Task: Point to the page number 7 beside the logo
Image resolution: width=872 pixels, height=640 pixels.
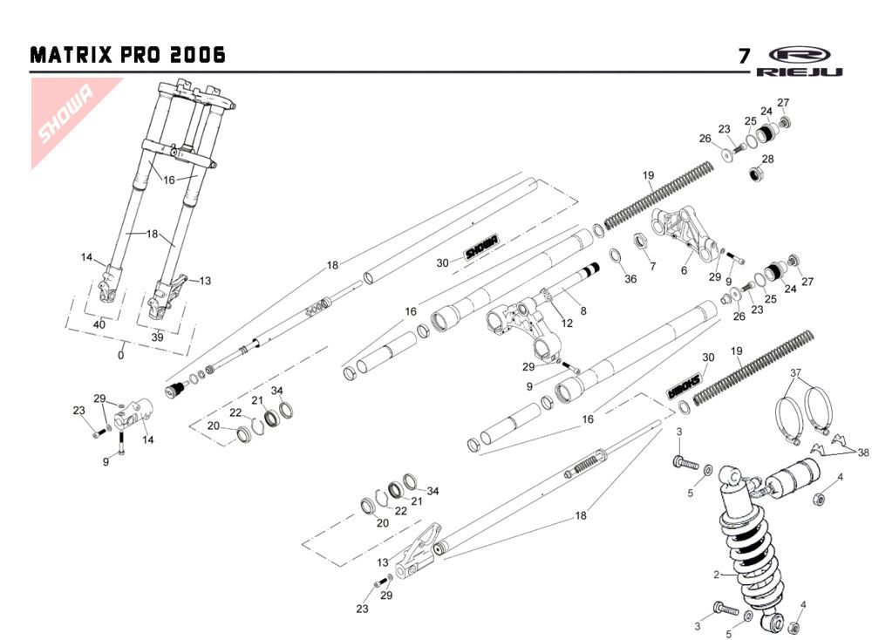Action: click(744, 57)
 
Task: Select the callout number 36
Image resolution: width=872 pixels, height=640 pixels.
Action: click(630, 279)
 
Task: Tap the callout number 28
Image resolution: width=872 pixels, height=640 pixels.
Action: click(767, 159)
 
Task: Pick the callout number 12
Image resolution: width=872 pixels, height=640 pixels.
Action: click(567, 323)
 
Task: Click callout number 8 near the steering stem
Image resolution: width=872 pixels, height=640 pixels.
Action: click(582, 310)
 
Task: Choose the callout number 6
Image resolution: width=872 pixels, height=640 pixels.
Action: click(684, 270)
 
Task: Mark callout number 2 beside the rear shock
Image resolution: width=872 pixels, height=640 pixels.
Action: click(717, 575)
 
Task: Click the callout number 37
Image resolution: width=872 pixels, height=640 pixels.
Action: click(794, 374)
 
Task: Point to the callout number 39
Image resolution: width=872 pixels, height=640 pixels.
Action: click(158, 337)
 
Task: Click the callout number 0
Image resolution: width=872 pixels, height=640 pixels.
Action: click(121, 355)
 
